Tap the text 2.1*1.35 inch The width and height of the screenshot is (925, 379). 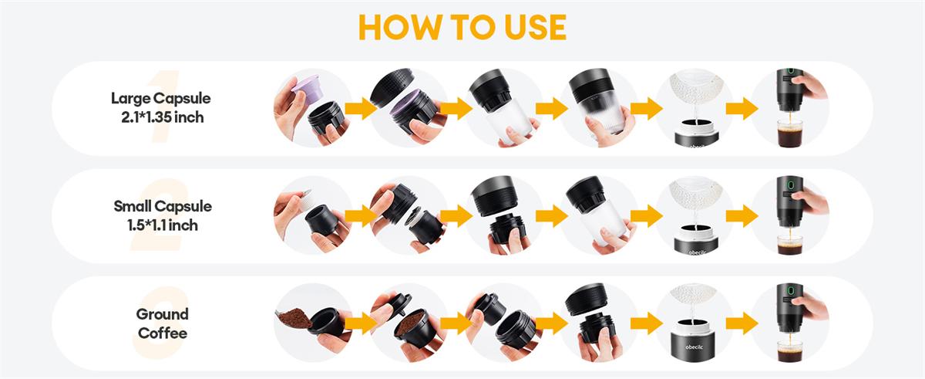pos(163,117)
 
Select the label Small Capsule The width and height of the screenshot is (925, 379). pos(163,206)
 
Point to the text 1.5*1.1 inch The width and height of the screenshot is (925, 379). pos(163,225)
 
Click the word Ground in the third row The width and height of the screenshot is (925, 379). pos(163,314)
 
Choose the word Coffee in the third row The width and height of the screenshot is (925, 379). pos(163,333)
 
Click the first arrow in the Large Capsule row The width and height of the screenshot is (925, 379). pos(362,109)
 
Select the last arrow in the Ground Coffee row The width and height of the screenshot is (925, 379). pos(742,323)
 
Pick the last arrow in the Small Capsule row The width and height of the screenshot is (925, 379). pos(742,216)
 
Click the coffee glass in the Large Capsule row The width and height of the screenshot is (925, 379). pos(790,133)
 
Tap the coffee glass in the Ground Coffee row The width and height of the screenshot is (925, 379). pos(790,351)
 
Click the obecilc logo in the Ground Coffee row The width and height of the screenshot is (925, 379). pos(694,347)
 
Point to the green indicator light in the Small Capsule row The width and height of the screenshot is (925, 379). pos(790,184)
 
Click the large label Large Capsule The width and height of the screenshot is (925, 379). pos(160,98)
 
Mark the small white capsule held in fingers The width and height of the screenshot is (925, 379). pos(304,200)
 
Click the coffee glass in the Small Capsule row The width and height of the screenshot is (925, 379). pos(790,244)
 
